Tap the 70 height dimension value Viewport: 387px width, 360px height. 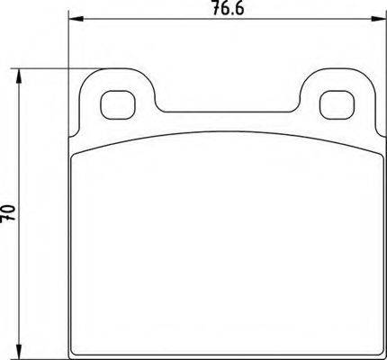10,213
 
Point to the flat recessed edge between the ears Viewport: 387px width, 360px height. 225,112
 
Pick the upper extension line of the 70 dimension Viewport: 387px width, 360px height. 45,67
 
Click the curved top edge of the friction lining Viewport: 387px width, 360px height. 225,131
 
